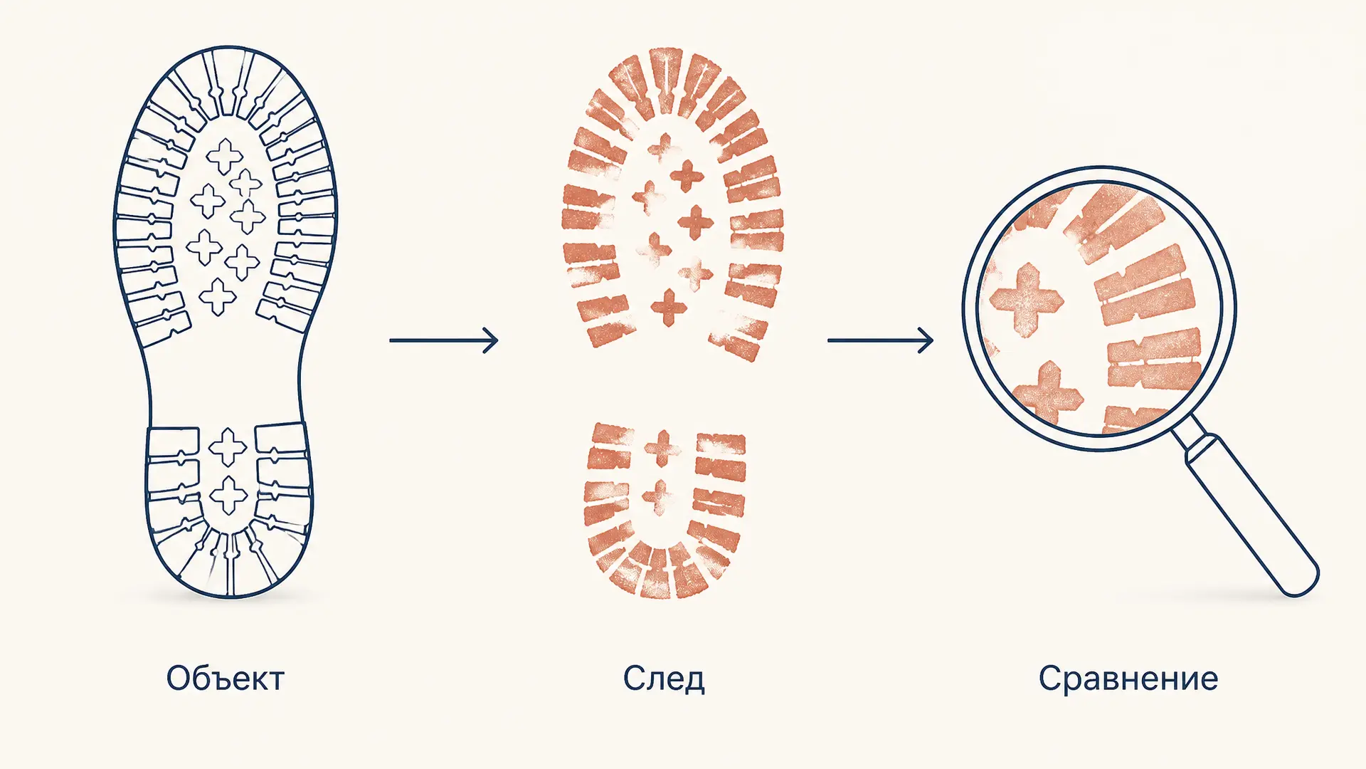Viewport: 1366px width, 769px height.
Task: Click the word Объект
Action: click(x=226, y=678)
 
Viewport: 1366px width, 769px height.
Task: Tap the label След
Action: click(x=664, y=678)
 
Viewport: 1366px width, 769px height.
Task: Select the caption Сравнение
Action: click(x=1128, y=678)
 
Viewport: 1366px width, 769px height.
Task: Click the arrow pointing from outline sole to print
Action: click(x=444, y=340)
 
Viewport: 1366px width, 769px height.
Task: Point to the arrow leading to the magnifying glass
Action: click(x=880, y=340)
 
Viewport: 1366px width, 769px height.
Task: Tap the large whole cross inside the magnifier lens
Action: click(x=1027, y=300)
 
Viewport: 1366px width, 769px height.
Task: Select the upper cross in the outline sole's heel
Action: click(x=228, y=446)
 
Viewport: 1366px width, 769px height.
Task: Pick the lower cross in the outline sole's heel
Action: click(x=228, y=495)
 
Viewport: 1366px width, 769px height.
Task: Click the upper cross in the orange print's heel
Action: click(x=662, y=449)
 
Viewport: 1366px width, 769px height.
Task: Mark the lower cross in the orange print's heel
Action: click(x=658, y=496)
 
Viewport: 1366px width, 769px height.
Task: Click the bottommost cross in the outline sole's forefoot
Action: click(x=218, y=296)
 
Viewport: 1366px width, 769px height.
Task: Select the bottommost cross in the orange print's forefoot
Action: click(x=669, y=308)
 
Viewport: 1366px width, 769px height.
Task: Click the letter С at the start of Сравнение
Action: click(x=1049, y=678)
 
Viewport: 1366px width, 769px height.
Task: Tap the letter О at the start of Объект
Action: click(x=179, y=678)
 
